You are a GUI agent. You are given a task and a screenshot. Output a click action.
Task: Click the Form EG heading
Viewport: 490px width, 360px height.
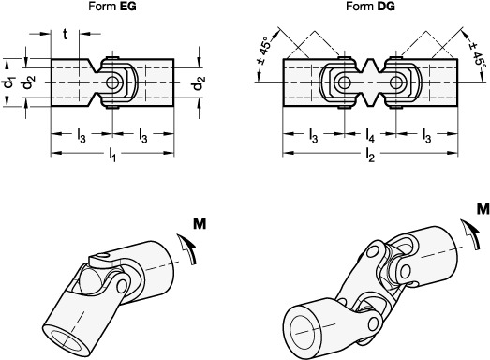pyautogui.click(x=112, y=7)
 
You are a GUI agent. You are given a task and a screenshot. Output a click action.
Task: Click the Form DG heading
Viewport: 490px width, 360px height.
pyautogui.click(x=370, y=7)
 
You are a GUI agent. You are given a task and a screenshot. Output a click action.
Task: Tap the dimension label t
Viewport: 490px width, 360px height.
pyautogui.click(x=65, y=34)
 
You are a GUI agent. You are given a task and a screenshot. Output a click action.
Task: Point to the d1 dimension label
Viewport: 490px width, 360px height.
pyautogui.click(x=8, y=82)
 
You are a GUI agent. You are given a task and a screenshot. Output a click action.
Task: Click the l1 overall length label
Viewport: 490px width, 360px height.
pyautogui.click(x=112, y=155)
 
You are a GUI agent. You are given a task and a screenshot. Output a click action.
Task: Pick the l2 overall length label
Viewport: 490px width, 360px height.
pyautogui.click(x=370, y=155)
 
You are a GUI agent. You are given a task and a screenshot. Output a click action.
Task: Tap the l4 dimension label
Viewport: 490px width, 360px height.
pyautogui.click(x=370, y=135)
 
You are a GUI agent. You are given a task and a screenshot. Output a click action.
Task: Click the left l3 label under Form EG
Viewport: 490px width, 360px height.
pyautogui.click(x=82, y=135)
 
